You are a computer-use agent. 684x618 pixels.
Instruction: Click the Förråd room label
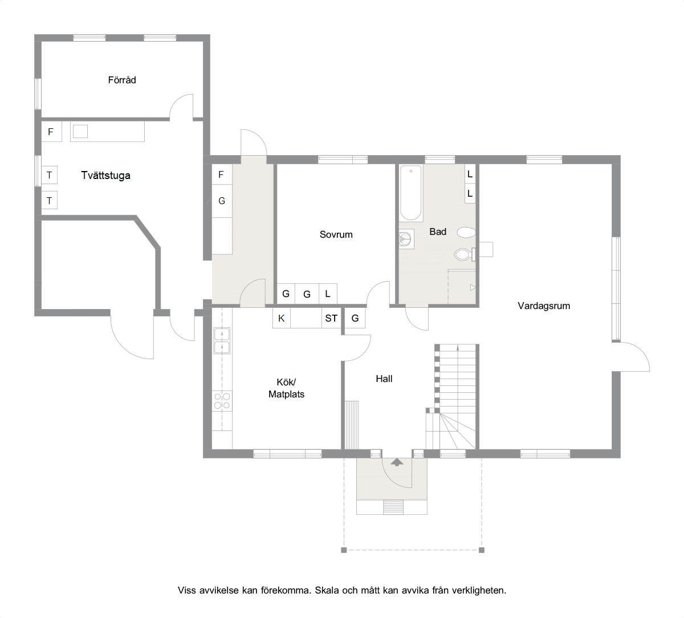122,80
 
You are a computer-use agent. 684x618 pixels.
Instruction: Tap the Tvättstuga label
105,175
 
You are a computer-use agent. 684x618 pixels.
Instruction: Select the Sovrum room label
336,234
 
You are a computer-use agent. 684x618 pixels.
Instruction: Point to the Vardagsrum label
544,306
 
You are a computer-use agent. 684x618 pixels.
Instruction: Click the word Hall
384,379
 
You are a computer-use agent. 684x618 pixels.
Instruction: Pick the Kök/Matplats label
286,388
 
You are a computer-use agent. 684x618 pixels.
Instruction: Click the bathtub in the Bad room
411,193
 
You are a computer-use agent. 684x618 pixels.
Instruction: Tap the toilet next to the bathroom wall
465,254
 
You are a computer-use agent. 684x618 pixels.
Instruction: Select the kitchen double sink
222,341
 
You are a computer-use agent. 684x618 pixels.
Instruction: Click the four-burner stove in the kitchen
222,401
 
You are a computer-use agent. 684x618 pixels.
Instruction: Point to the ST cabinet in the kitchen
331,318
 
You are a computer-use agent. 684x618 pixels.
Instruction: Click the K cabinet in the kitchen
282,318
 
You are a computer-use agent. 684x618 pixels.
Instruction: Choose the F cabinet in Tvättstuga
51,132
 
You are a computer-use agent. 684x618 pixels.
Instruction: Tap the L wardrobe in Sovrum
328,294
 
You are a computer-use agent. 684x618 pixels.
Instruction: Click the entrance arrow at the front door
397,462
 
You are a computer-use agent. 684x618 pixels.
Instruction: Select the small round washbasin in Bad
405,239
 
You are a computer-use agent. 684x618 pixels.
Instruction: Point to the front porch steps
393,507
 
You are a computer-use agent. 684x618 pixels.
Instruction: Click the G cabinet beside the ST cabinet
355,318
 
